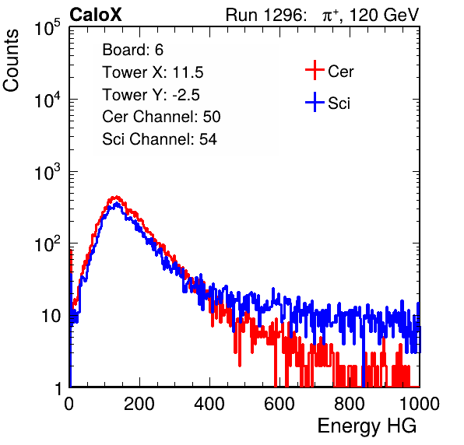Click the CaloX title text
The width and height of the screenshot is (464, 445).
[96, 15]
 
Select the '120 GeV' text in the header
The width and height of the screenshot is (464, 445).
[385, 15]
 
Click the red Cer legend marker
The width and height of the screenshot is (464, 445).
[315, 70]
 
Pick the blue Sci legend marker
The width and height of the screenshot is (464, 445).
[315, 102]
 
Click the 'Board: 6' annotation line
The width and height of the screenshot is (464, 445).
[132, 50]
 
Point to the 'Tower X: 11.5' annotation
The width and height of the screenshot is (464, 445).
[153, 72]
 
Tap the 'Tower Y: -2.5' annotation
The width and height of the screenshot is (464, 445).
[151, 95]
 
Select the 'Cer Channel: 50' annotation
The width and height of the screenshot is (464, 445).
[161, 117]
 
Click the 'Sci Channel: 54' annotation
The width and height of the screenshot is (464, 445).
[160, 139]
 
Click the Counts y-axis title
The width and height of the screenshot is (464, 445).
[11, 61]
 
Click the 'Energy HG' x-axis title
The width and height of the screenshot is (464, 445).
[367, 426]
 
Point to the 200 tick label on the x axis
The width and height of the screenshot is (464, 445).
[139, 404]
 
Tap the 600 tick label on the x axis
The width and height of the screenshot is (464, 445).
[279, 404]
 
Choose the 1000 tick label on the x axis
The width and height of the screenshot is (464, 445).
[420, 404]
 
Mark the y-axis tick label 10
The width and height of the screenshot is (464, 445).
[51, 316]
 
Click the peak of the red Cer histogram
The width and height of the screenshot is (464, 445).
[117, 197]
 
